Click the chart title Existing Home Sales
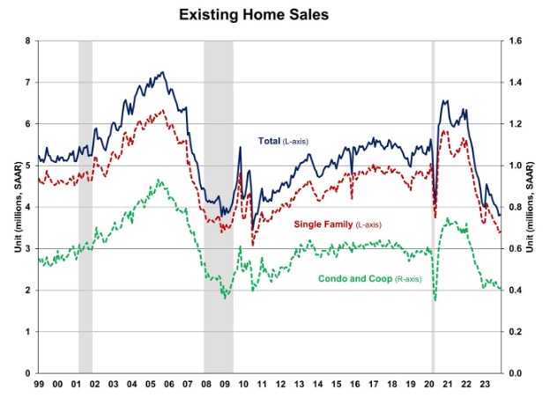274,15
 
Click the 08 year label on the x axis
206,385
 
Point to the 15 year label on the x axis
335,385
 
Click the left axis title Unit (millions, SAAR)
12,207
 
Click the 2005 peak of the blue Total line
162,72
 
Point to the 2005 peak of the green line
159,180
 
